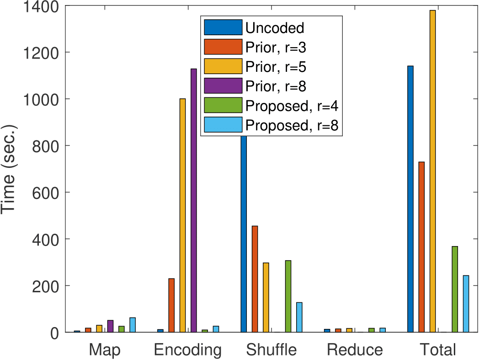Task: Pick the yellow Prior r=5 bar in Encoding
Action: tap(182, 215)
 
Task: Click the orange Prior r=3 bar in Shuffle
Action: tap(255, 279)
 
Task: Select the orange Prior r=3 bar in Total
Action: tap(421, 247)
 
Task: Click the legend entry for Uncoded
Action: tap(274, 28)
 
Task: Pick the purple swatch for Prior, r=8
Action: tap(223, 86)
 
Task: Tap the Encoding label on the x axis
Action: tap(188, 350)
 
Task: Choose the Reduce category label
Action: tap(355, 350)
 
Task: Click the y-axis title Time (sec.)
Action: tap(9, 169)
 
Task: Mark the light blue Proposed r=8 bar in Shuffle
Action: tap(299, 317)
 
